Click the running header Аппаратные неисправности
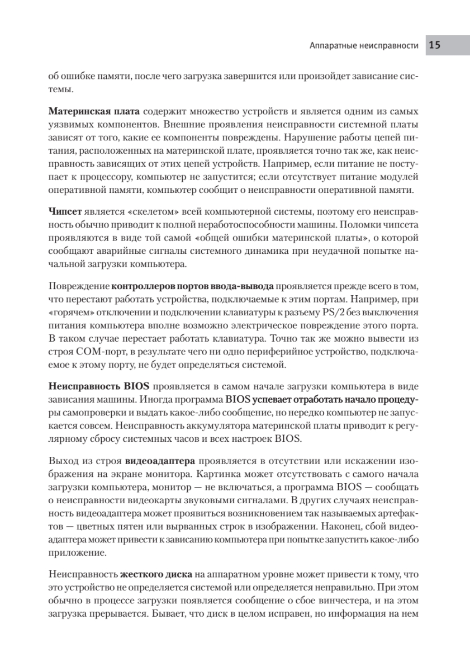[364, 46]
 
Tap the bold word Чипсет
[65, 212]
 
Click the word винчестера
[329, 600]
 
